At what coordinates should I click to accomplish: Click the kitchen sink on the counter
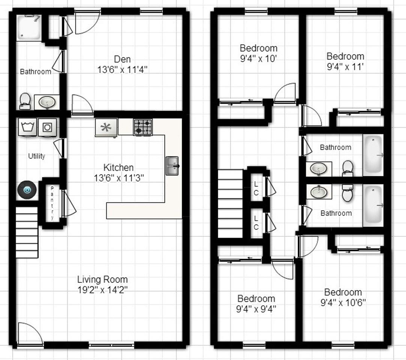[x=172, y=166]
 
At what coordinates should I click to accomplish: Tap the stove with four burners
[x=143, y=127]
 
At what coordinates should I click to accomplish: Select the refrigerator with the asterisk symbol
[x=106, y=127]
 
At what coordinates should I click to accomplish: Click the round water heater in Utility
[x=27, y=190]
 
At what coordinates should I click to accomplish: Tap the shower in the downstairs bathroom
[x=30, y=27]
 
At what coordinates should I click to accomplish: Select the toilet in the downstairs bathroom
[x=25, y=100]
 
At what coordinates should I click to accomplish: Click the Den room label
[x=122, y=59]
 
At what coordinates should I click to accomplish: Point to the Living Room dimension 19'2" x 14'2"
[x=102, y=289]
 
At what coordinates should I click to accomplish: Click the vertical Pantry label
[x=52, y=203]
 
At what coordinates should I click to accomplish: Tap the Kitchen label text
[x=118, y=168]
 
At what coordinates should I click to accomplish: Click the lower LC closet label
[x=256, y=222]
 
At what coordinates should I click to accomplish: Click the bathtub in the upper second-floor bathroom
[x=373, y=155]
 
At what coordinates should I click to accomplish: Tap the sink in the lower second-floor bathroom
[x=319, y=192]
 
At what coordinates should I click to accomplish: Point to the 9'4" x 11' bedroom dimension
[x=345, y=67]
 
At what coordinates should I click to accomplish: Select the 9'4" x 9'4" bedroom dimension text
[x=256, y=309]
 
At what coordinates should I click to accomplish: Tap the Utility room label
[x=37, y=156]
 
